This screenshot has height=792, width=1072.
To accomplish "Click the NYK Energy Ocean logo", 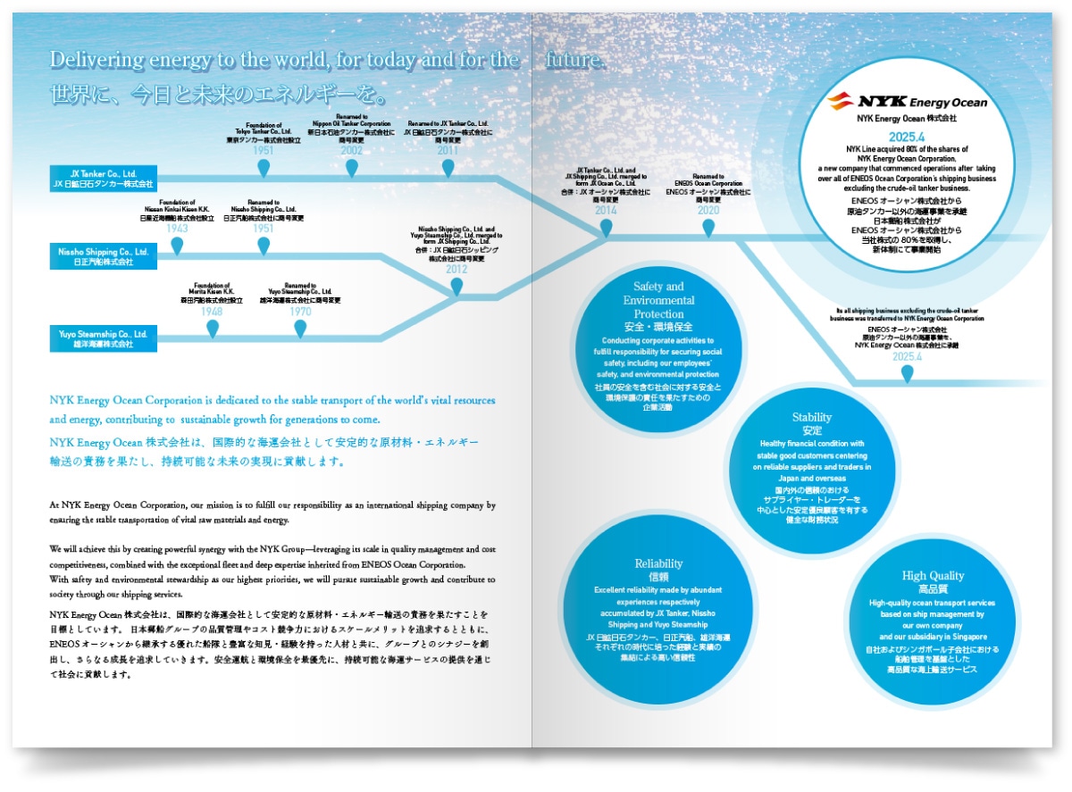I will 907,101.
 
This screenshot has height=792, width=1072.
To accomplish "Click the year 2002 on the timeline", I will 351,151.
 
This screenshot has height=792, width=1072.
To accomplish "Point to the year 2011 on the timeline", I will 447,151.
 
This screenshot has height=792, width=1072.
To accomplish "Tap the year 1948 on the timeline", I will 212,312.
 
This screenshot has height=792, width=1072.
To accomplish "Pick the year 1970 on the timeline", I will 300,312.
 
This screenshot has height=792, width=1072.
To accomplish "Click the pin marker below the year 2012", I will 456,287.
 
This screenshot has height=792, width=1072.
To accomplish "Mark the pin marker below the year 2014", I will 606,228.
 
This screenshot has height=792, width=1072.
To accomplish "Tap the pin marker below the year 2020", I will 708,228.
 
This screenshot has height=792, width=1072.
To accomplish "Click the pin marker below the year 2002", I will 351,167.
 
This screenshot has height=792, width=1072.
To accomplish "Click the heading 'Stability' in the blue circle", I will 811,417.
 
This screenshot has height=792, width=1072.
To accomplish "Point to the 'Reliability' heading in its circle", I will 658,563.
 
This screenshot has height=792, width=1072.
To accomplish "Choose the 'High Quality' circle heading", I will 933,576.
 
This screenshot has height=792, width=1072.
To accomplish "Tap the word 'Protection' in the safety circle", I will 658,314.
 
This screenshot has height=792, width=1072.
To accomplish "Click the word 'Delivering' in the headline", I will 90,60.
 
